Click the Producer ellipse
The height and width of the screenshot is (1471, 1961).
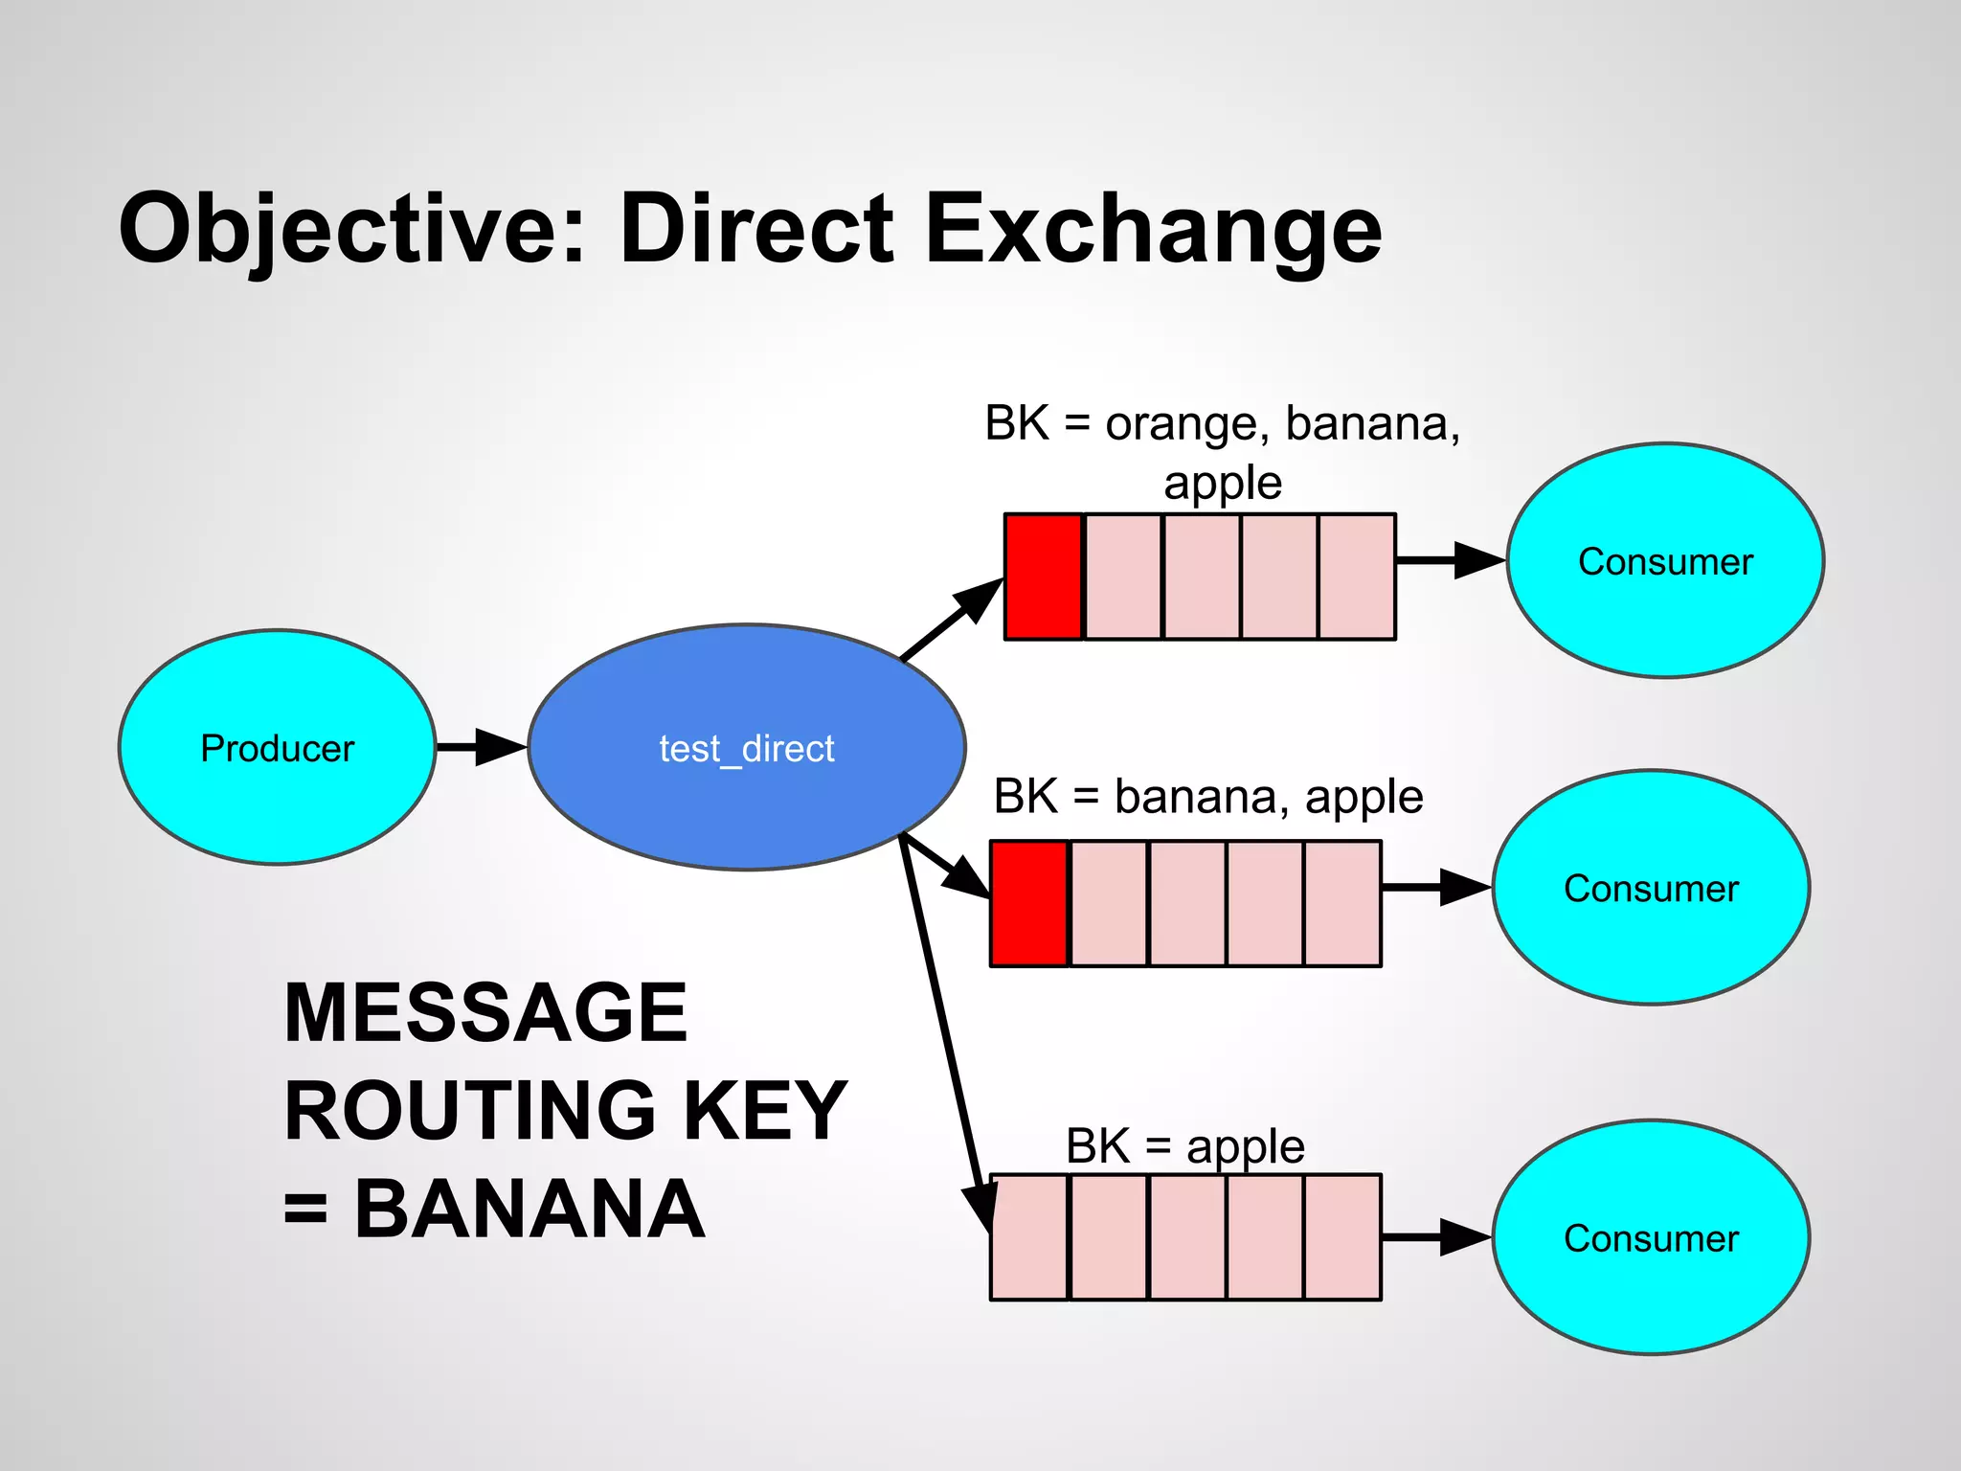point(277,748)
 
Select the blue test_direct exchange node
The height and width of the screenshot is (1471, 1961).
point(746,748)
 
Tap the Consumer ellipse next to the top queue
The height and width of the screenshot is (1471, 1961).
point(1665,561)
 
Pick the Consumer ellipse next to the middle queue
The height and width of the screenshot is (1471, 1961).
point(1651,888)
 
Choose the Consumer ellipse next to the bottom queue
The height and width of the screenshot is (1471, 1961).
point(1651,1237)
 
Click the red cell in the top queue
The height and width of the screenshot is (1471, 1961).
point(1044,577)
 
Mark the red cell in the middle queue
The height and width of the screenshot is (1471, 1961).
point(1029,903)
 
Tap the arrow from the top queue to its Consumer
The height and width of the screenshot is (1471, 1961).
point(1451,560)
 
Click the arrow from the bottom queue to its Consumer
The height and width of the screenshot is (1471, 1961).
point(1436,1237)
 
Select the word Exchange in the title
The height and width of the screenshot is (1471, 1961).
point(1154,230)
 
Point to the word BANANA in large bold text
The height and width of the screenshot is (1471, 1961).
point(530,1210)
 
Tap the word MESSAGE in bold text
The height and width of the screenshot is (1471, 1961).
point(485,1012)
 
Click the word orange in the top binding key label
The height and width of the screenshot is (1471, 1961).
point(1181,423)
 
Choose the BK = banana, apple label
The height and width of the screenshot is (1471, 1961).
point(1208,797)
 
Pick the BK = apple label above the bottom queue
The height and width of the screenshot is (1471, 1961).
point(1185,1146)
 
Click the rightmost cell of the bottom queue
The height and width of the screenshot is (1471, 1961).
point(1342,1237)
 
